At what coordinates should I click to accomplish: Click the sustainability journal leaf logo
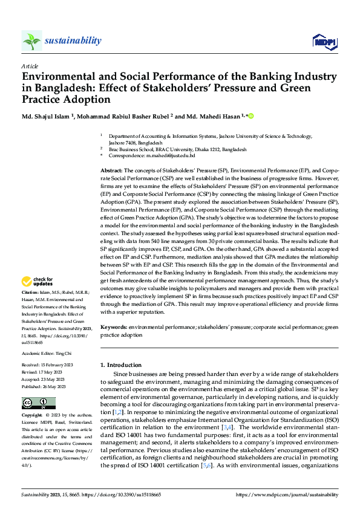click(31, 41)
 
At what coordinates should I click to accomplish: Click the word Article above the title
click(29, 66)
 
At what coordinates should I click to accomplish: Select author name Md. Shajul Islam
click(45, 116)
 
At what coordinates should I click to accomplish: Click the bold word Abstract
click(112, 172)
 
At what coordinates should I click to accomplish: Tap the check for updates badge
click(38, 281)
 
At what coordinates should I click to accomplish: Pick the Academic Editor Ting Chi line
click(46, 354)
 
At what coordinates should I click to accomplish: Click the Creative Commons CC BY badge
click(39, 403)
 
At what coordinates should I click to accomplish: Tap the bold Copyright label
click(32, 416)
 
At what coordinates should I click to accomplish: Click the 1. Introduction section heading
click(120, 365)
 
